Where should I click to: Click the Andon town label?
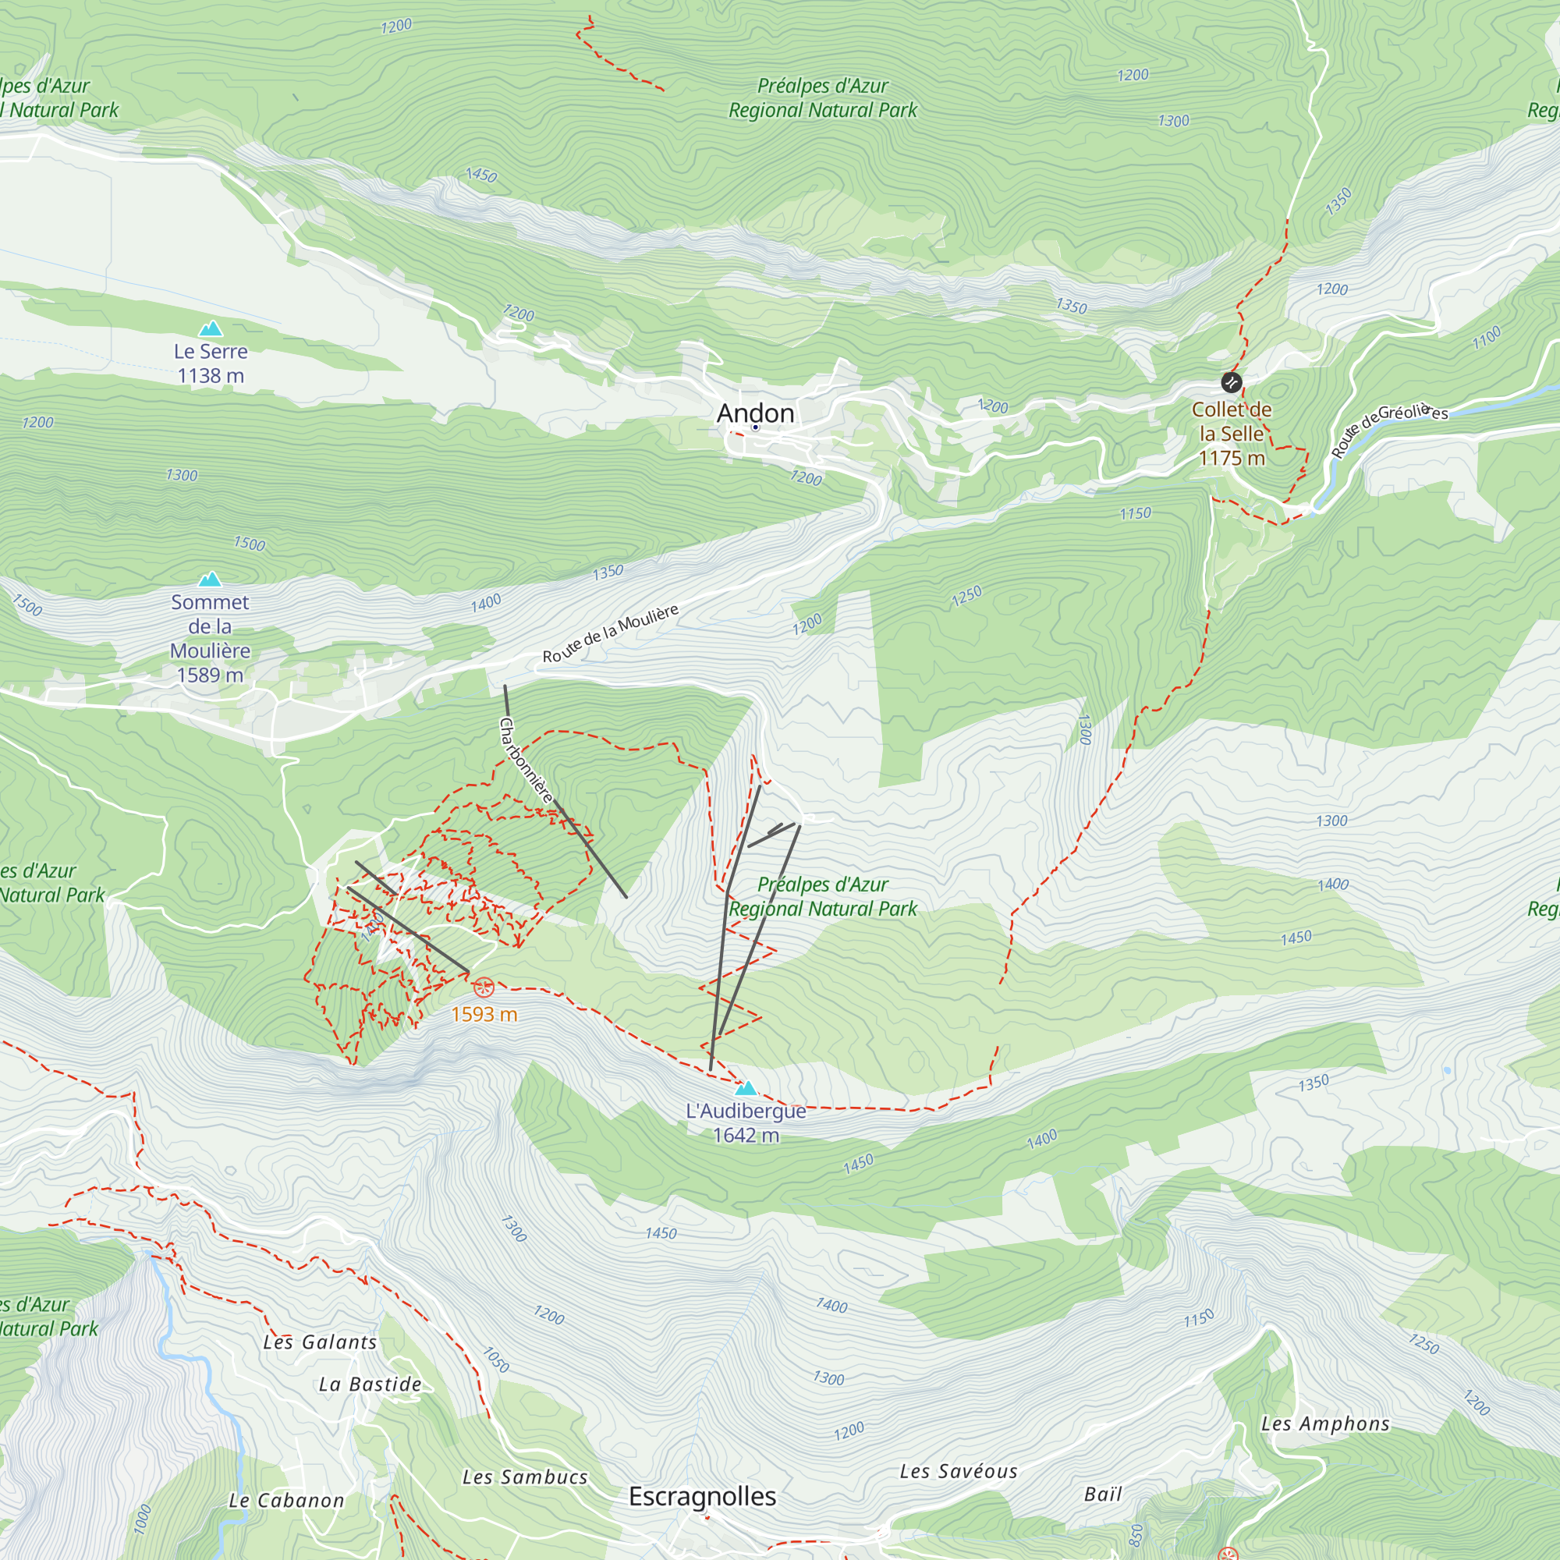click(755, 413)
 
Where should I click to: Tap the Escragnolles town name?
click(702, 1496)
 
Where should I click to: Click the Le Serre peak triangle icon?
click(211, 328)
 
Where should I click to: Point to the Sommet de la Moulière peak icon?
click(210, 579)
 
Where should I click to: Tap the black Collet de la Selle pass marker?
click(1231, 382)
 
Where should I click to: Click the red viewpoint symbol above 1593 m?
click(484, 986)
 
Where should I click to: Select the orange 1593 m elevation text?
click(484, 1014)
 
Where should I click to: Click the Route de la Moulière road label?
click(610, 634)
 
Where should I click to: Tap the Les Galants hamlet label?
click(320, 1342)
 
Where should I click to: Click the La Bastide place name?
click(370, 1384)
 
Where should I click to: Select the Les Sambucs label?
click(525, 1477)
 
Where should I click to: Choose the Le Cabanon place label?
click(286, 1500)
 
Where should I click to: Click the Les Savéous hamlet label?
click(959, 1471)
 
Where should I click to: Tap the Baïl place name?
click(1103, 1494)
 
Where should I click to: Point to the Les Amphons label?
click(1325, 1423)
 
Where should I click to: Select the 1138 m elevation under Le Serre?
click(211, 375)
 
